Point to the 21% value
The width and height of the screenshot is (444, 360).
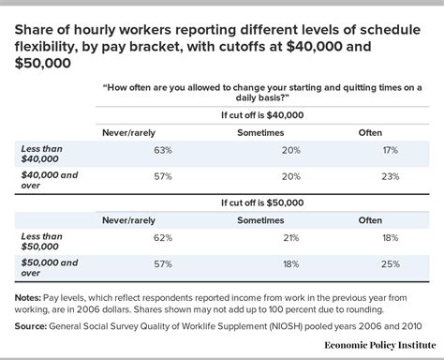pyautogui.click(x=264, y=239)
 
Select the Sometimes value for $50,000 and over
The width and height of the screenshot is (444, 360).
pyautogui.click(x=264, y=264)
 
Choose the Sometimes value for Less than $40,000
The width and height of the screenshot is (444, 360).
pyautogui.click(x=264, y=149)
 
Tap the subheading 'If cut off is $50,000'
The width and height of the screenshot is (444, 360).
pyautogui.click(x=264, y=201)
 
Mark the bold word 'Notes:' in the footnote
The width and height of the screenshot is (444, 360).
pyautogui.click(x=34, y=298)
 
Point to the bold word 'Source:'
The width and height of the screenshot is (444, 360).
pyautogui.click(x=36, y=325)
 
